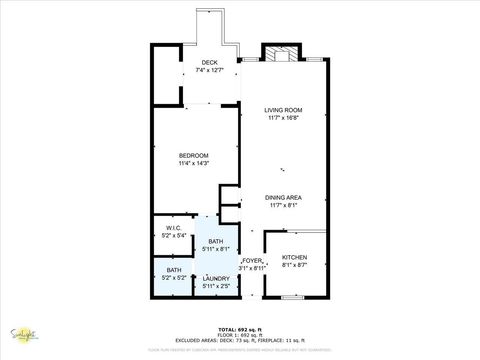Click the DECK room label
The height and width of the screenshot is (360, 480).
click(210, 62)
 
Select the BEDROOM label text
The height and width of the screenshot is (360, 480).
click(193, 155)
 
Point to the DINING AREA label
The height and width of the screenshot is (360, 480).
click(284, 197)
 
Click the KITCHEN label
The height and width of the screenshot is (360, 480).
click(294, 257)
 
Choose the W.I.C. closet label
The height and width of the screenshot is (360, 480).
click(173, 230)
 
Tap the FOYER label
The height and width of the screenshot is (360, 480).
click(252, 260)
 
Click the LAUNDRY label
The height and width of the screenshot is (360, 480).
click(216, 279)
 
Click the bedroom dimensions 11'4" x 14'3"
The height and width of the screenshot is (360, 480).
click(193, 163)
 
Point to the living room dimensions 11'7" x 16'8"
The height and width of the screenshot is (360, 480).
click(283, 118)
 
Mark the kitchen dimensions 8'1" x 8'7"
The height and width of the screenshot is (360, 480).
click(294, 265)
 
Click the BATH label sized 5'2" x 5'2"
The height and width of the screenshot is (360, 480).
click(174, 270)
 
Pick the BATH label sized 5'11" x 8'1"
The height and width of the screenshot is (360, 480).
click(216, 241)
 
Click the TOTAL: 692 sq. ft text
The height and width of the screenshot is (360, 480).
click(240, 328)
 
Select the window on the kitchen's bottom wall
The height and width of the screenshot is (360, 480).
click(292, 297)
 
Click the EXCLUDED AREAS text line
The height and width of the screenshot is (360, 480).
click(240, 340)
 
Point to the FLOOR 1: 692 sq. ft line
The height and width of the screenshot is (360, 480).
click(240, 334)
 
